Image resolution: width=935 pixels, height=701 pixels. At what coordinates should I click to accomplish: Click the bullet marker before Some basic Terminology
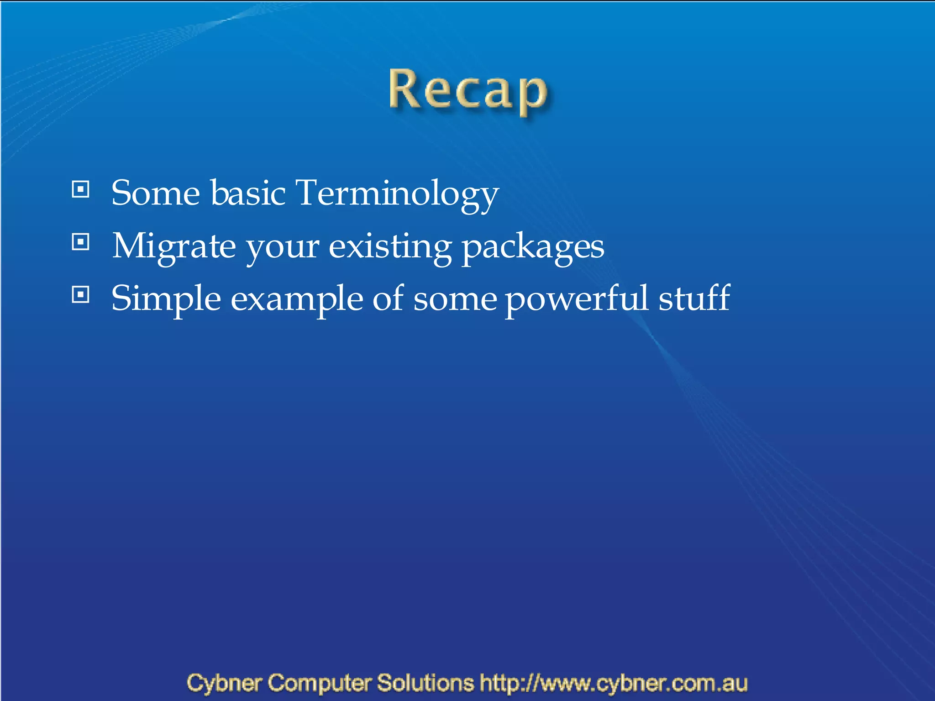[81, 189]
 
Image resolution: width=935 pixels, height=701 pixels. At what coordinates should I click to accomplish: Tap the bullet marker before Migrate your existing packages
[81, 242]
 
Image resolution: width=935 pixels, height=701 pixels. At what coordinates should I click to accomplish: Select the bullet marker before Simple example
[81, 295]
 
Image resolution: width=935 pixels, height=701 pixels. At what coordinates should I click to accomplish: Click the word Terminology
[397, 194]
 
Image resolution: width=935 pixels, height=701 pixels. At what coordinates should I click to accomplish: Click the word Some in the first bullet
[156, 194]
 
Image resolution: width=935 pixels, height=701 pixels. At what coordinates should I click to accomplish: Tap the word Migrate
[174, 246]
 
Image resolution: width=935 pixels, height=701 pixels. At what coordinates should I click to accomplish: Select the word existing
[390, 246]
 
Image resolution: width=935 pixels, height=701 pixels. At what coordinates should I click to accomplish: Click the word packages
[533, 246]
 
